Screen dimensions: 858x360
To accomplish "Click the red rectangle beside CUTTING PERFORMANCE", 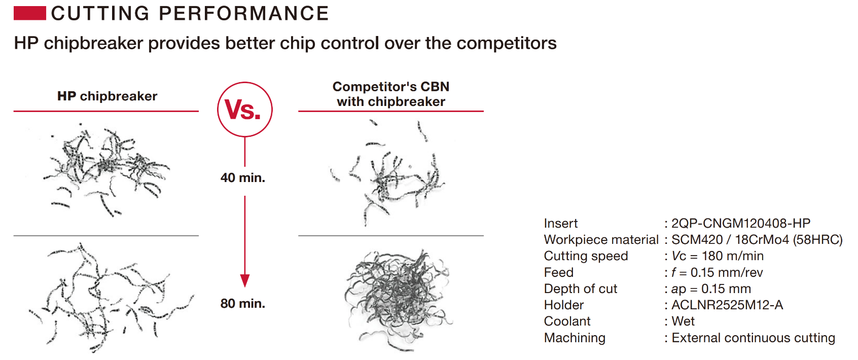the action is (x=30, y=13).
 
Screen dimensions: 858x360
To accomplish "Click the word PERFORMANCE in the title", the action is (x=243, y=13).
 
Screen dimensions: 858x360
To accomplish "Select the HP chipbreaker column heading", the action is (x=108, y=96).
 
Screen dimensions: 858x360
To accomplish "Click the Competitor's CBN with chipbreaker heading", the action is (x=390, y=94).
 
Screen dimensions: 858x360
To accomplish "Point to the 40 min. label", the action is (x=243, y=177).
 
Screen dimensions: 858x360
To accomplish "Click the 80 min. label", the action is (x=243, y=304).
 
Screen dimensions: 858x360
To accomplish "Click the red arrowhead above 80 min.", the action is (x=245, y=281).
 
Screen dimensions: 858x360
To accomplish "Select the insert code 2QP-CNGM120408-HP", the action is (x=741, y=223).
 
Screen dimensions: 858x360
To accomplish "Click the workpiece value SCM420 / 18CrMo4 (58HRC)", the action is (x=757, y=240).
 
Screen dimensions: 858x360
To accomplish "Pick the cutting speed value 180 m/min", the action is (x=732, y=256).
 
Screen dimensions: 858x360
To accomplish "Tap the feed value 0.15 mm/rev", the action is (x=727, y=272).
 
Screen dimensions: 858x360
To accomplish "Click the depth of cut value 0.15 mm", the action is (x=726, y=289).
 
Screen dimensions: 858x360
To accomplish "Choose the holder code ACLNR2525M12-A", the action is (x=727, y=305).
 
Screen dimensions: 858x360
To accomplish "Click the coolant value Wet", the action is (x=683, y=321).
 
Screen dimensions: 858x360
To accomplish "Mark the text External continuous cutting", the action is (x=753, y=338).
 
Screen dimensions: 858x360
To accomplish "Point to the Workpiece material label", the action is (x=601, y=240).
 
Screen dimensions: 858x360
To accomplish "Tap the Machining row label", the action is (x=575, y=338).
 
